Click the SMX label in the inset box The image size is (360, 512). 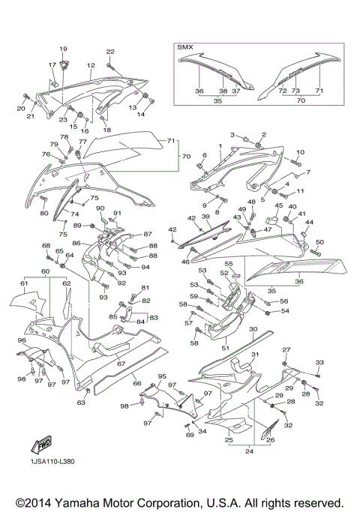coord(184,46)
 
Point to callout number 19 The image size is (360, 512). coord(64,49)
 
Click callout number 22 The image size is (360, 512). coord(109,52)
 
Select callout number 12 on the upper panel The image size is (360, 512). coord(91,66)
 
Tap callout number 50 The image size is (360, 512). coord(319,242)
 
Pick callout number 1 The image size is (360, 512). coord(220,146)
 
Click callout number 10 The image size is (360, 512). coord(299,152)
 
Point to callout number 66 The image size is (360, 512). coord(136,384)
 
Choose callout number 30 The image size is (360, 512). coord(253,330)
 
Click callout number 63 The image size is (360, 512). coord(81,403)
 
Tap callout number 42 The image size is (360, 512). coord(172,229)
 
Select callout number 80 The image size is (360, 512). coord(43,214)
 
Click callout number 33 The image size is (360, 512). coord(319,363)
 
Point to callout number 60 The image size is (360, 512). coord(45,270)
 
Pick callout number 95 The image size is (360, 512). coord(161,376)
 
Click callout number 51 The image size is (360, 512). coord(224,348)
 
